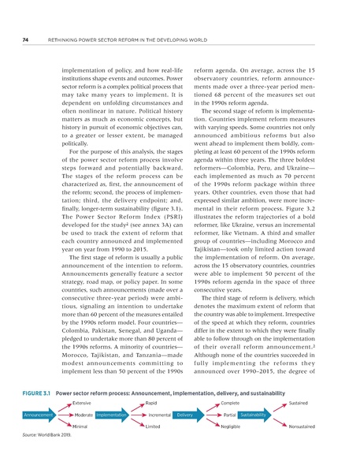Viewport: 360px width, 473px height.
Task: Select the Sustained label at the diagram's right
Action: [299, 402]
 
